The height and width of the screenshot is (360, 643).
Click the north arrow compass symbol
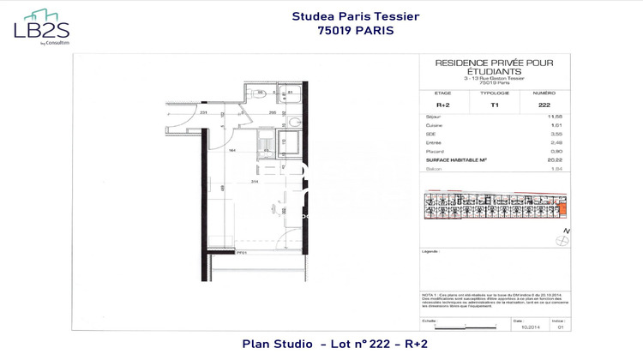568,231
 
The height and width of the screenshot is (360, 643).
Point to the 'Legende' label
430,252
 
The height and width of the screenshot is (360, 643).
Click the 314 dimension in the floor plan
254,182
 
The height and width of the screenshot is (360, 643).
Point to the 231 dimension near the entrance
204,112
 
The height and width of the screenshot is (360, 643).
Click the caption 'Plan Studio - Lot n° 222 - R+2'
335,344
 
